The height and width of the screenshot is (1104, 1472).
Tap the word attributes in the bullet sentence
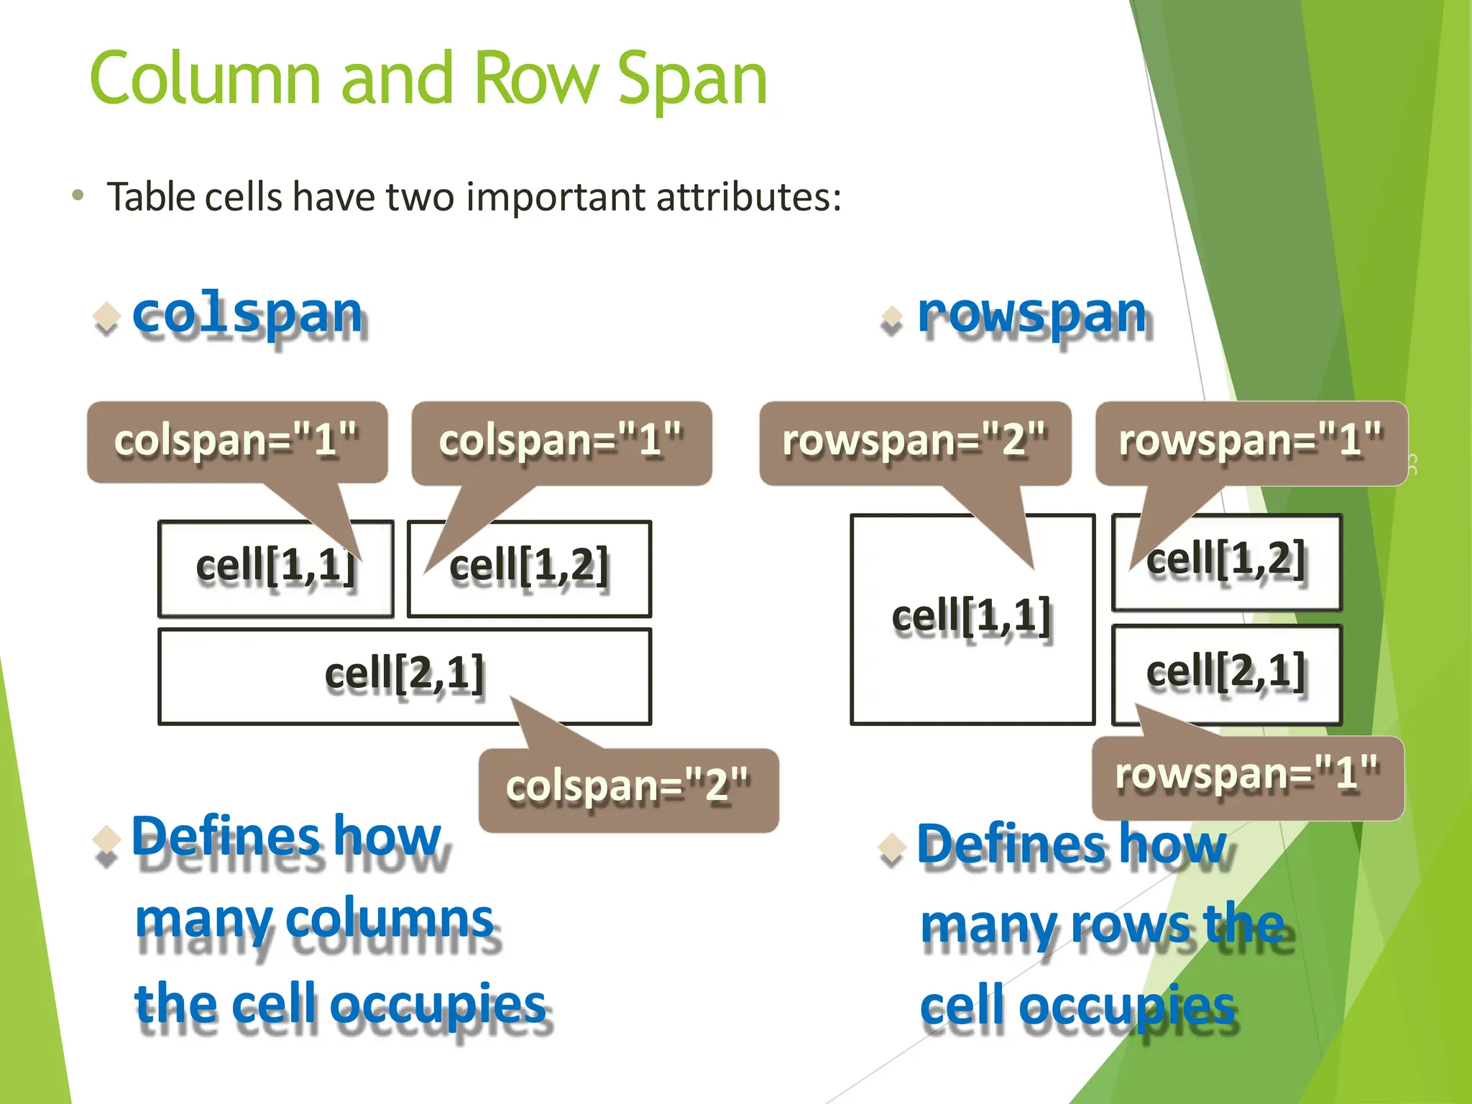coord(747,197)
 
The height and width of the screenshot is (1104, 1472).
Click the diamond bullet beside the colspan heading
coord(106,316)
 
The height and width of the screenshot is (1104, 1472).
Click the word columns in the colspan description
coord(392,919)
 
